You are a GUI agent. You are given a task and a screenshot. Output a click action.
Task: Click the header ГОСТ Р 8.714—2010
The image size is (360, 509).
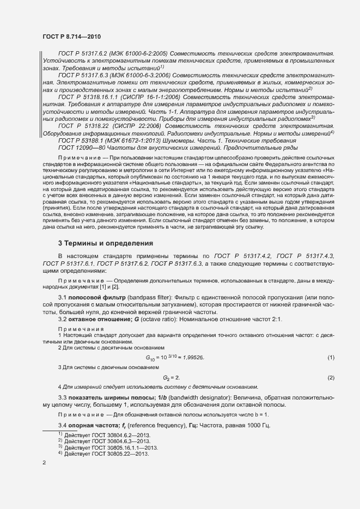tap(71, 36)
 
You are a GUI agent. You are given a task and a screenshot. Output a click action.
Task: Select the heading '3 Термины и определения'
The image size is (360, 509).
tap(106, 243)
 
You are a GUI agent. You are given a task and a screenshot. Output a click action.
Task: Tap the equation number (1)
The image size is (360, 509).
tap(331, 357)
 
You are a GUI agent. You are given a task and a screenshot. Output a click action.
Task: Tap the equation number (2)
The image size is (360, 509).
tap(331, 377)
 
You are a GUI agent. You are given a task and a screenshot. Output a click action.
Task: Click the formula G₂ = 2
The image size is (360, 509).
tap(172, 377)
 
